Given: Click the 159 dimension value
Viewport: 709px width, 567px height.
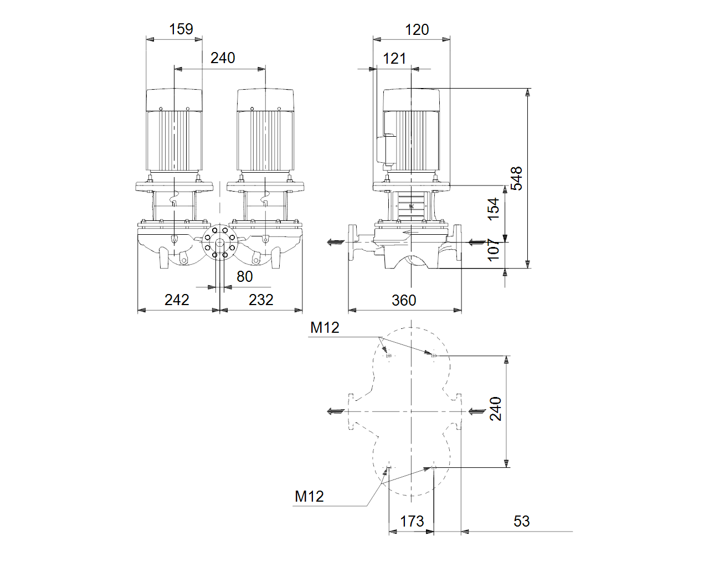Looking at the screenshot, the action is coord(181,29).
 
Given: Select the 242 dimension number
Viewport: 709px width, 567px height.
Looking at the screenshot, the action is coord(177,300).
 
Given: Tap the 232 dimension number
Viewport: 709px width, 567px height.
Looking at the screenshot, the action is coord(261,300).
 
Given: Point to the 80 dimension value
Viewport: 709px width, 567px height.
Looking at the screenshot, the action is coord(244,276).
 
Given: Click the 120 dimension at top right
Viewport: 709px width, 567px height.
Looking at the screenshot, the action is coord(417,30).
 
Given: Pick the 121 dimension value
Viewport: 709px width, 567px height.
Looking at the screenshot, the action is coord(394,59).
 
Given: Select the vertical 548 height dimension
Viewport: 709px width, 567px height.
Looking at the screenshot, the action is coord(516,178).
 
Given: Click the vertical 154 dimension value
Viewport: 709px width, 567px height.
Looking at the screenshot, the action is coord(493,209).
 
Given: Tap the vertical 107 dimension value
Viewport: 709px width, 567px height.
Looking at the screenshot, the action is coord(493,250).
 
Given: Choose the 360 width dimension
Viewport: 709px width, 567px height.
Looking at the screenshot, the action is coord(404,300).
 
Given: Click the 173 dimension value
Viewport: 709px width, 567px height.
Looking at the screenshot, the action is coord(412,521).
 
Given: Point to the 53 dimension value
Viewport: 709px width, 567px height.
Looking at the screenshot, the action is coord(522,521).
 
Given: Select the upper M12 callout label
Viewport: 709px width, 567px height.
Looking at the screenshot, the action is coord(325,327).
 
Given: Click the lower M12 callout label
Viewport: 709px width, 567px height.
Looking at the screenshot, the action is coord(309,496).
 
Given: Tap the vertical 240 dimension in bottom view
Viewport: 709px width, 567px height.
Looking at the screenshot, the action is coord(496,409).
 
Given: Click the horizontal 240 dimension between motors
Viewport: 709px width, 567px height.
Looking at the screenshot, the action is coord(223,58).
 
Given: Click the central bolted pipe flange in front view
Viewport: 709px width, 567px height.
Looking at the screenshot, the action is coord(220,242).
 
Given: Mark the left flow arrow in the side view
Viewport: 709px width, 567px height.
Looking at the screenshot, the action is coord(336,243).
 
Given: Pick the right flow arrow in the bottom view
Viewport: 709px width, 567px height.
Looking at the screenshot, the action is coord(477,411).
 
